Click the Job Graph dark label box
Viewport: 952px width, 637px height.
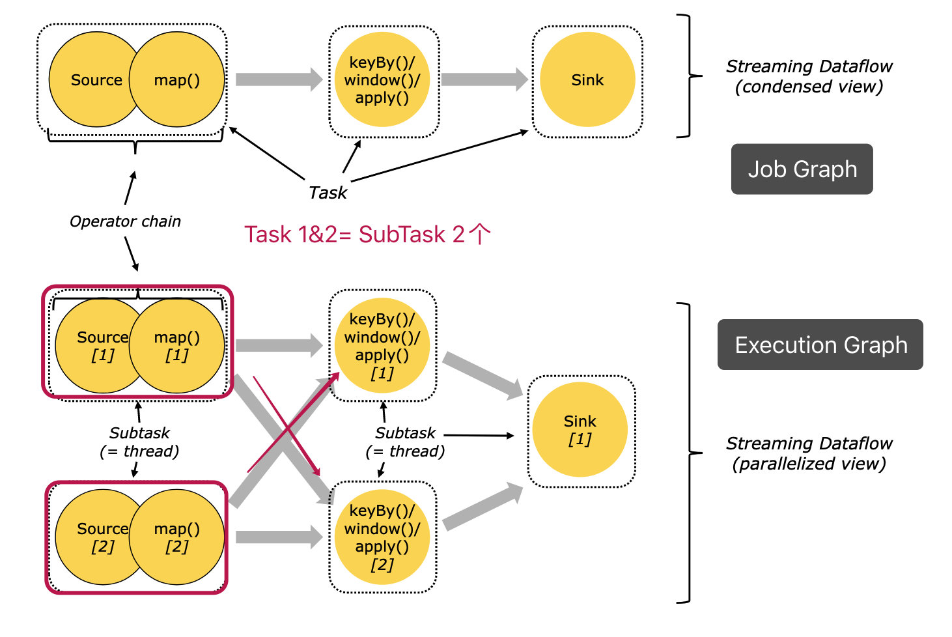[802, 169]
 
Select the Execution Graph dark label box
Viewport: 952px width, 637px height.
[820, 345]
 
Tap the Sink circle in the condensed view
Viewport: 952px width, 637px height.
[587, 80]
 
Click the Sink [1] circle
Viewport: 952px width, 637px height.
[580, 430]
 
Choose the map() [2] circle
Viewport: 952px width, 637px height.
[177, 537]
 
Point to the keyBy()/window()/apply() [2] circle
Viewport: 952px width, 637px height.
[382, 537]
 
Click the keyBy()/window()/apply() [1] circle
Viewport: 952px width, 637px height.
[382, 346]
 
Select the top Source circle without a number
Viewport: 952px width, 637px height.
[91, 80]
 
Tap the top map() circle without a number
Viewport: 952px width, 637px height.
[177, 80]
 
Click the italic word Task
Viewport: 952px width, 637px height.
[328, 193]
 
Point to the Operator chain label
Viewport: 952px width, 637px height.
[125, 221]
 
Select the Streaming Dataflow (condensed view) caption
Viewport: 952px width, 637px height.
[809, 76]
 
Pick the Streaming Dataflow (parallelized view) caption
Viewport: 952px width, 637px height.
[809, 453]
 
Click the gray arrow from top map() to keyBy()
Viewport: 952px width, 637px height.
[279, 79]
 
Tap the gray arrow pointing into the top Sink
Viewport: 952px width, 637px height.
[484, 79]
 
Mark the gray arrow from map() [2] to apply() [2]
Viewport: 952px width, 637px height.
[279, 537]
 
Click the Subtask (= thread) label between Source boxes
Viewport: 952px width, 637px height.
[139, 442]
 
